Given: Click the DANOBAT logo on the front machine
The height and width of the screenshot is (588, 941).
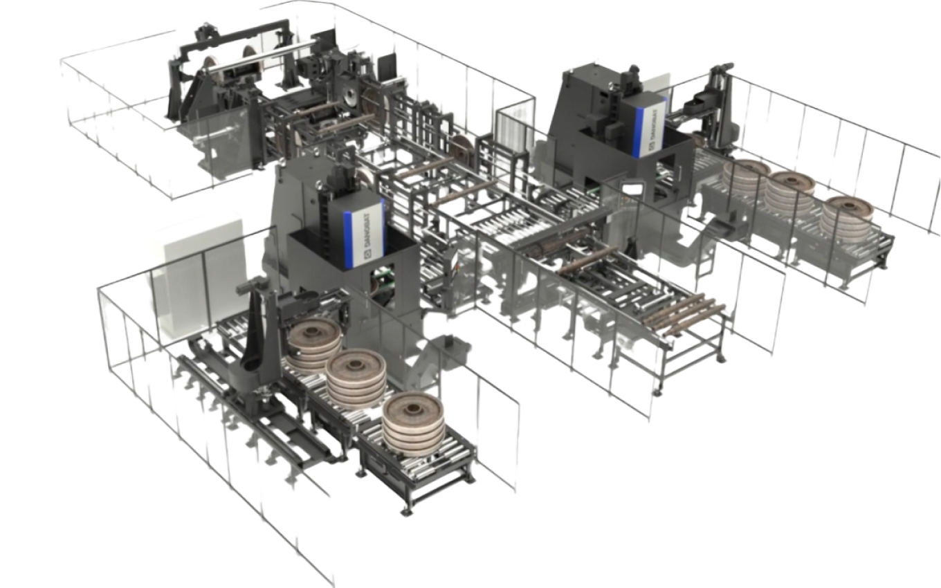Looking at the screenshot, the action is (x=369, y=235).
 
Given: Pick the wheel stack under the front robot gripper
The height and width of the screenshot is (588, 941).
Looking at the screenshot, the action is (x=315, y=344).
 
